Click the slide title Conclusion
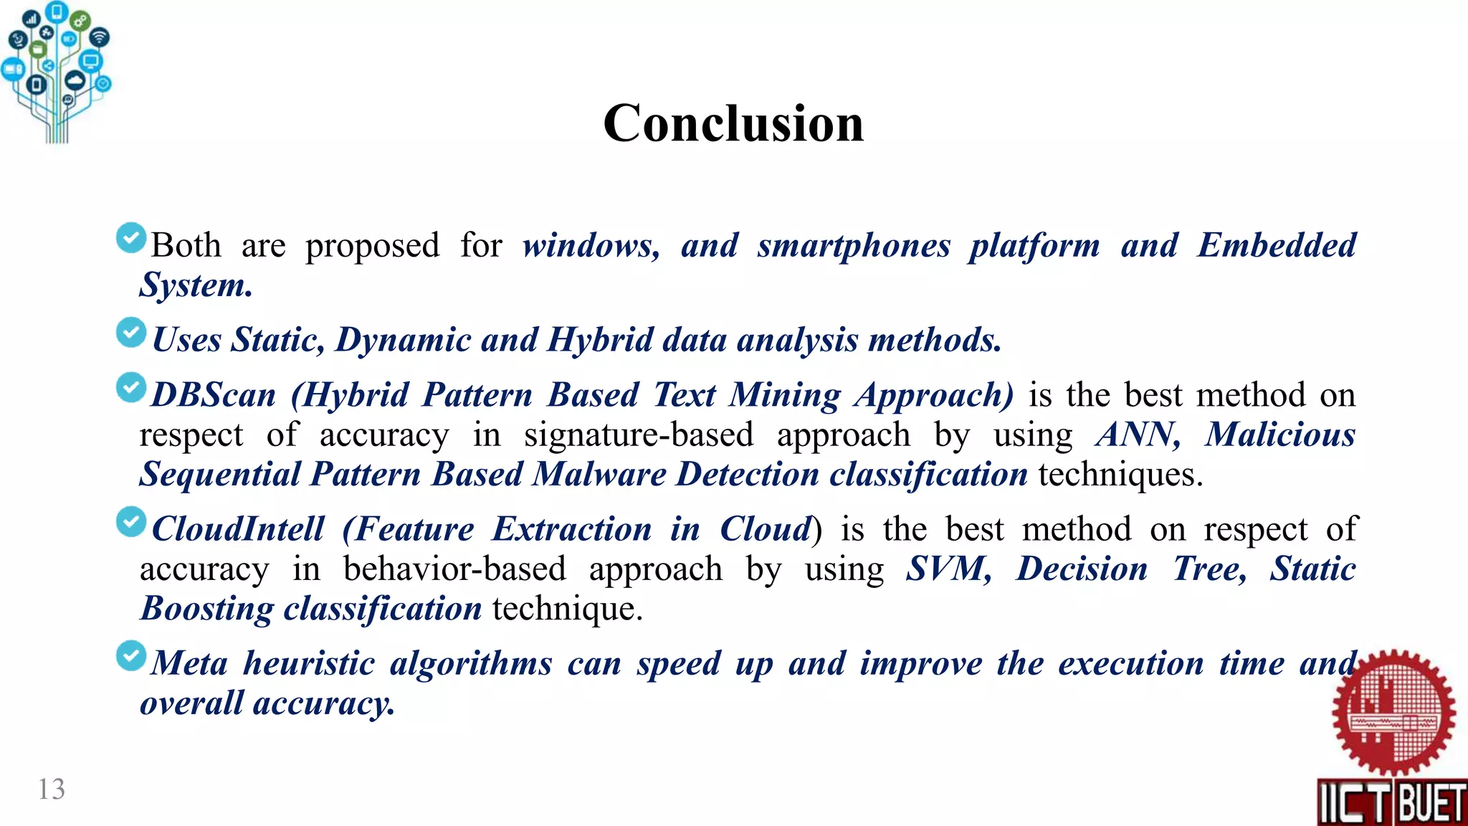click(x=733, y=123)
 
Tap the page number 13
click(x=52, y=789)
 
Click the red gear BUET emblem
click(x=1393, y=713)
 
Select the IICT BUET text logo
click(x=1391, y=802)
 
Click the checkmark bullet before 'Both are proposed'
click(x=131, y=238)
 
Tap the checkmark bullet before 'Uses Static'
click(x=131, y=333)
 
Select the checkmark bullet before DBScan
click(x=131, y=388)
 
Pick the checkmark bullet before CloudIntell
click(x=131, y=522)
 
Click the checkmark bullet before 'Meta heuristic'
click(x=131, y=656)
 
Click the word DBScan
click(x=214, y=395)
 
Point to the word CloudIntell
click(x=239, y=529)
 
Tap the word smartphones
click(x=854, y=246)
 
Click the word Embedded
click(x=1277, y=246)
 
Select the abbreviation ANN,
click(x=1138, y=435)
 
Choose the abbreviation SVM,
click(x=948, y=569)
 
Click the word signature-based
click(x=639, y=435)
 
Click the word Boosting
click(x=206, y=609)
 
